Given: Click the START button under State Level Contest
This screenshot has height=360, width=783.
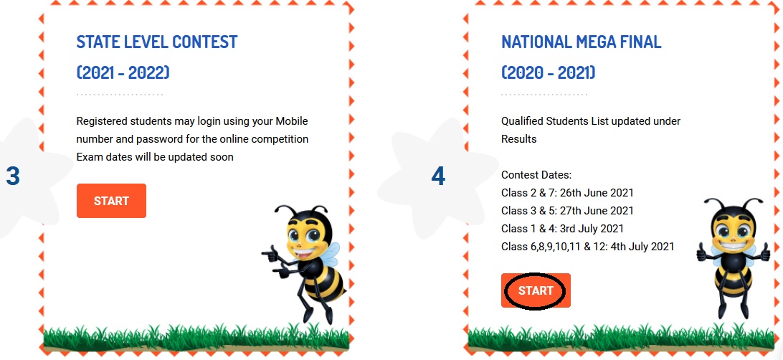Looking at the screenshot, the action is click(111, 201).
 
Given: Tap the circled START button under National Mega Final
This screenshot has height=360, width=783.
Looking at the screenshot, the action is click(536, 290).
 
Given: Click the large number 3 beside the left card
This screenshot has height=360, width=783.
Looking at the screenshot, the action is click(13, 176).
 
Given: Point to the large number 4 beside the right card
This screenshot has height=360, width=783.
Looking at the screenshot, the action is click(438, 176).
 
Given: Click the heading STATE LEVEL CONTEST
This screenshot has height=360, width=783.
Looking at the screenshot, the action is click(157, 42).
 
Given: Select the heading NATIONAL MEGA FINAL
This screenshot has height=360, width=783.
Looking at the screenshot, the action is click(582, 42).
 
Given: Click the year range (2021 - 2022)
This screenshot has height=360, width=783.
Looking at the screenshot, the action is click(123, 73).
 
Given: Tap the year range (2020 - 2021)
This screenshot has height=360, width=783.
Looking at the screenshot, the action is click(549, 73).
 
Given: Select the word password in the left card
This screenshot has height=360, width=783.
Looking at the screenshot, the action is click(145, 139).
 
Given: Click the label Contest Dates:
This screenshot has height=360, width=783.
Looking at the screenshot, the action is click(536, 175).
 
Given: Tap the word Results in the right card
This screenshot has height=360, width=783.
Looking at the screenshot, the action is click(519, 139).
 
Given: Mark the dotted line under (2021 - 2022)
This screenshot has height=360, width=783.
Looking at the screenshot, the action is click(120, 95).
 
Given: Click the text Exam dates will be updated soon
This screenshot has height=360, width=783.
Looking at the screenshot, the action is click(155, 157).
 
